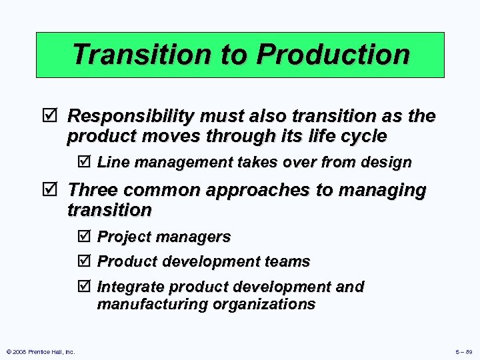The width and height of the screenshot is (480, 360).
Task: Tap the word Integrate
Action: click(x=131, y=287)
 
